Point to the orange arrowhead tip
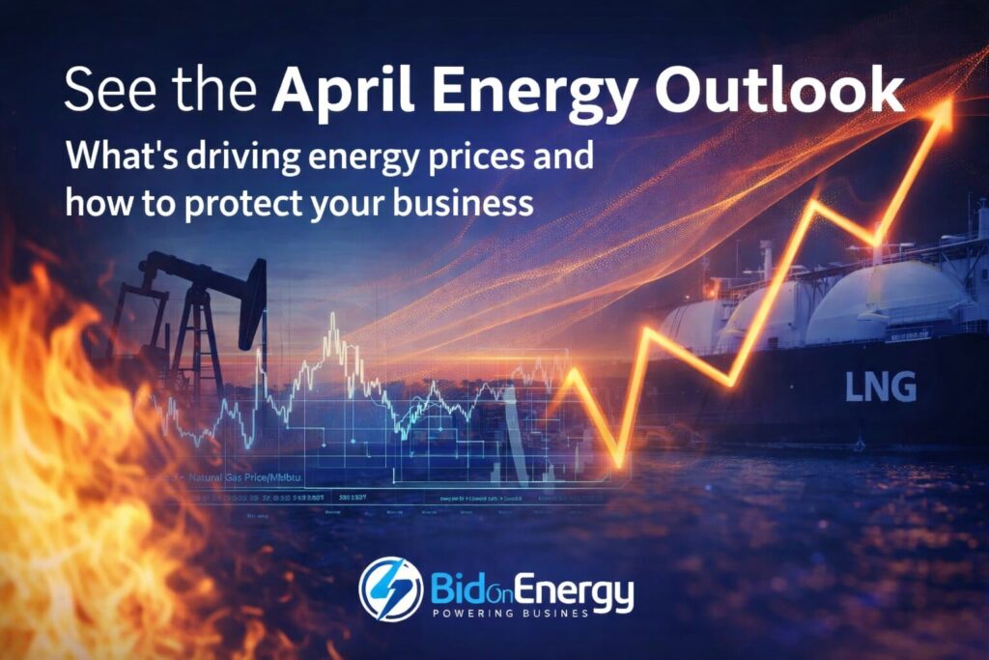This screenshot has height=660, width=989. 944,107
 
